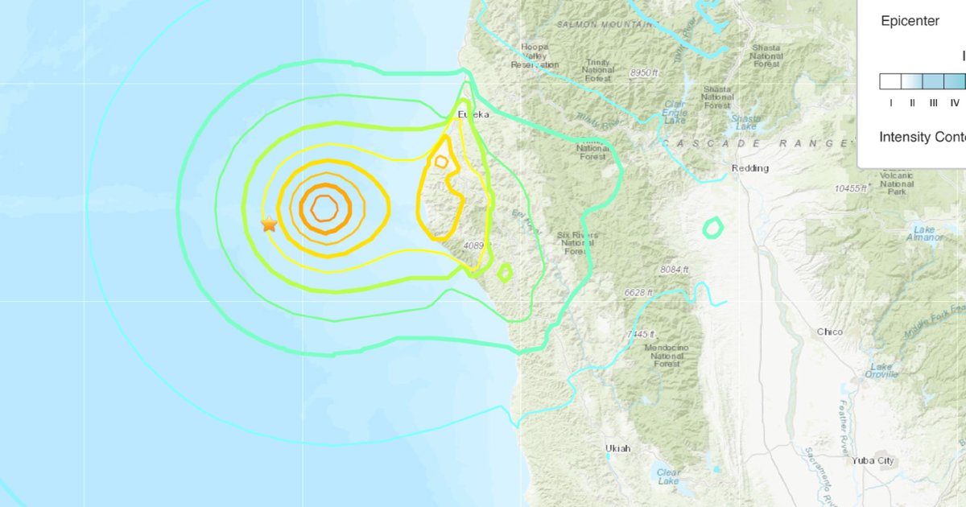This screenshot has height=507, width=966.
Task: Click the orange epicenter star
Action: [269, 225]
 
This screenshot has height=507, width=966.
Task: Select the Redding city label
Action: [749, 168]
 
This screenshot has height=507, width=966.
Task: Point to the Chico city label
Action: [829, 332]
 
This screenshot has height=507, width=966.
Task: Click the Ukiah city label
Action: [618, 448]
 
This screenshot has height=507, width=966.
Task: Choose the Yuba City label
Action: [873, 460]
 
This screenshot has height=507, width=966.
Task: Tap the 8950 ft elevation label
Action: [644, 73]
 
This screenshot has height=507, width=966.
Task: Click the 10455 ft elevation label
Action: [852, 188]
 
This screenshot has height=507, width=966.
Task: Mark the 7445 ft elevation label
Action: [642, 334]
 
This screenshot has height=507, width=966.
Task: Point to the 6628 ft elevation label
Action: [638, 293]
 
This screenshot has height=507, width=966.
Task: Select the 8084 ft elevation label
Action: [674, 269]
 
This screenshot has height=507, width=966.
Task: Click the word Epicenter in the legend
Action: [910, 22]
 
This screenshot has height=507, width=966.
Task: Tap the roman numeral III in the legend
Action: [933, 102]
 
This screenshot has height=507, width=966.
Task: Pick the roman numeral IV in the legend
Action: [954, 102]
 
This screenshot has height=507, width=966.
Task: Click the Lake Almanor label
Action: [924, 233]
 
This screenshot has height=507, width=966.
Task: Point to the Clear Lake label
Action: [667, 476]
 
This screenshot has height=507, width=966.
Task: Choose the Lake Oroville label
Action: [881, 370]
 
